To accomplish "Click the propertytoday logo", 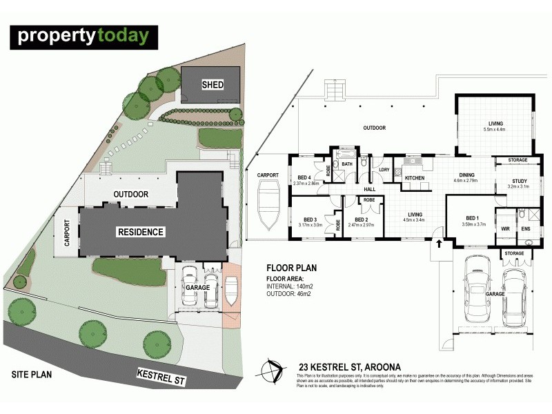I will pyautogui.click(x=83, y=36).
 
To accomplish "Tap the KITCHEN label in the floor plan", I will pyautogui.click(x=415, y=178).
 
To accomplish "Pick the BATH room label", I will pyautogui.click(x=347, y=164).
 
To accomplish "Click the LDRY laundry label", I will pyautogui.click(x=384, y=170).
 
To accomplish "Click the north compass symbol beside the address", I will pyautogui.click(x=275, y=371).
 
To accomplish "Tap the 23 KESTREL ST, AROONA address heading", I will pyautogui.click(x=336, y=366).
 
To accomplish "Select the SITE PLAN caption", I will pyautogui.click(x=32, y=374).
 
